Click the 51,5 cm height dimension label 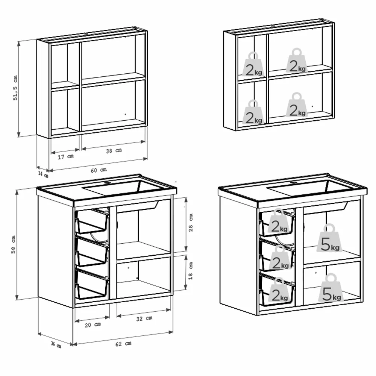coord(15,88)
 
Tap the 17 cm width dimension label coord(66,156)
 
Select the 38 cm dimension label coord(114,151)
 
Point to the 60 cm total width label coord(99,170)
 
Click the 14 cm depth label coord(43,174)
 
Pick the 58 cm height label coord(13,244)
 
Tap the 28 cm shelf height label coord(191,223)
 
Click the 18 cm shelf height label coord(191,271)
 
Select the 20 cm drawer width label coord(92,325)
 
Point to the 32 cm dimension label coord(144,318)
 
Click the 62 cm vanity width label coord(123,344)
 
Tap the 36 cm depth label coord(56,344)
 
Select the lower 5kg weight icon coord(331,288)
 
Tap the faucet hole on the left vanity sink coord(108,183)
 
